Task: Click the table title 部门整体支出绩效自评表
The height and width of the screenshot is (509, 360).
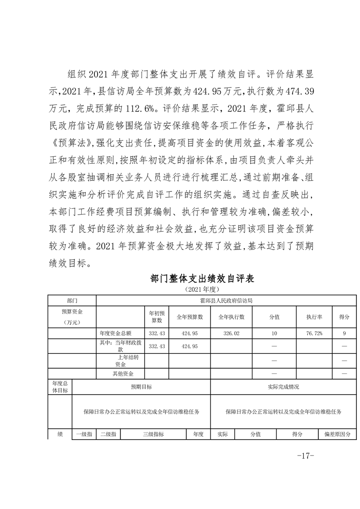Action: coord(202,279)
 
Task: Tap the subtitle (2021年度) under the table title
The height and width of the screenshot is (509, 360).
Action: coord(202,289)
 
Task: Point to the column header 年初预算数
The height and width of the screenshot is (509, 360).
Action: coord(157,317)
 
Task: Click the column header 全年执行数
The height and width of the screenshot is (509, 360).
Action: coord(232,317)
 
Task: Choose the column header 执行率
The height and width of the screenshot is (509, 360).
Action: coord(314,317)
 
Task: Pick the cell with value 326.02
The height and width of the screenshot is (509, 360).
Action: coord(232,333)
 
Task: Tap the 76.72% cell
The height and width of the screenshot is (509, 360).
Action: coord(314,333)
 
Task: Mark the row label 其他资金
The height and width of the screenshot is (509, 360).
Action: coord(122,373)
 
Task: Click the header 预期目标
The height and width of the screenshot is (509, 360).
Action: coord(141,387)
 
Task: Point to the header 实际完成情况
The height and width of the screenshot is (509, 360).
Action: coord(284,387)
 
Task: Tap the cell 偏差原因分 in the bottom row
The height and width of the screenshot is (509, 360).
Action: coord(337,434)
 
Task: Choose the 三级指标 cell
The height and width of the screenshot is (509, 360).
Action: coord(153,434)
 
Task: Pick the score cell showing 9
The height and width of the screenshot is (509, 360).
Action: coord(345,333)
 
